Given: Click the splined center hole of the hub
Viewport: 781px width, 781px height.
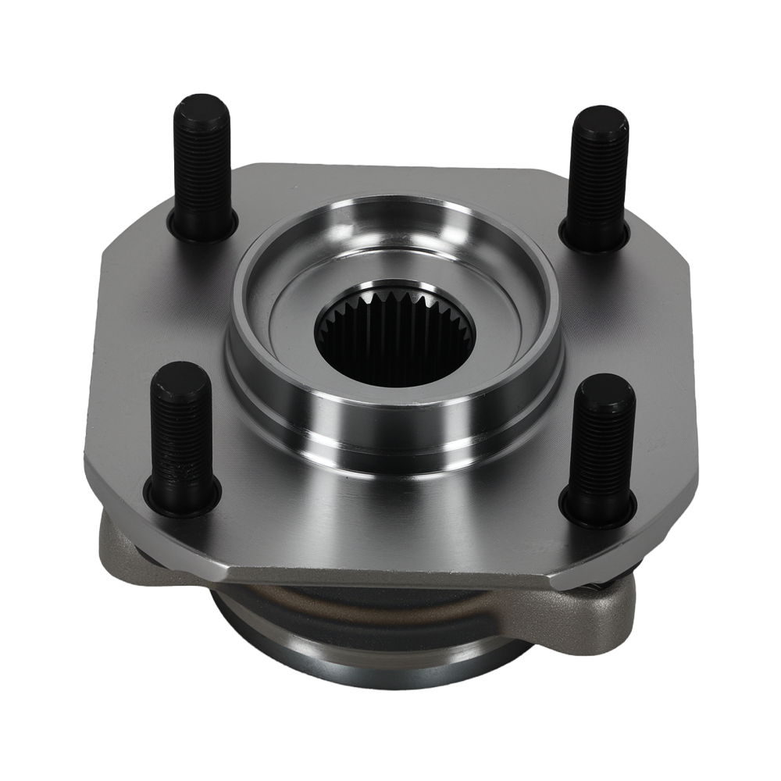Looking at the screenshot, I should click(394, 336).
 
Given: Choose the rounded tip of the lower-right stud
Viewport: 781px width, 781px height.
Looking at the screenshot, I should click(607, 386).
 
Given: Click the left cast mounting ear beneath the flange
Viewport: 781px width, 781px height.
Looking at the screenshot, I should click(117, 547).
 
